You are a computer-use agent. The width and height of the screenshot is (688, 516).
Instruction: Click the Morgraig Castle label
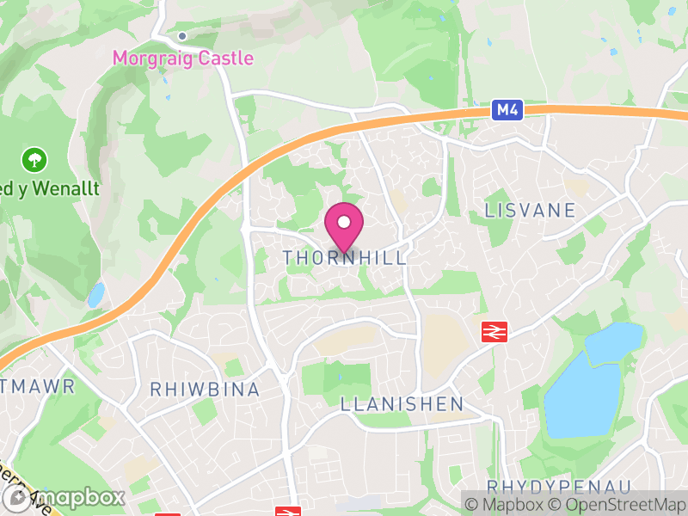click(183, 58)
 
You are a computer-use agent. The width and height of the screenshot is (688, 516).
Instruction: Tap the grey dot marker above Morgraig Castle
click(182, 36)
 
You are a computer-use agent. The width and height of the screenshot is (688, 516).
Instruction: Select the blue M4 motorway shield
click(507, 110)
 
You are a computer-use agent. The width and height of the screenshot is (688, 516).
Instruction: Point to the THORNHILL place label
click(344, 258)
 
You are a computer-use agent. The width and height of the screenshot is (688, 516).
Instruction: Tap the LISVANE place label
click(529, 210)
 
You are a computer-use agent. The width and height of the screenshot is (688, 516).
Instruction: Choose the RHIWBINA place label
click(205, 390)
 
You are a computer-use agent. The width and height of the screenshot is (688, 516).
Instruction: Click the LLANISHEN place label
click(402, 404)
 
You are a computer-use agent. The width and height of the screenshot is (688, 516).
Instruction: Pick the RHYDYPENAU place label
click(559, 487)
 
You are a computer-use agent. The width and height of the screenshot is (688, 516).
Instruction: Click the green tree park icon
click(35, 159)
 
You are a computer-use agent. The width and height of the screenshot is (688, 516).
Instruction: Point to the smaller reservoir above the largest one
click(613, 342)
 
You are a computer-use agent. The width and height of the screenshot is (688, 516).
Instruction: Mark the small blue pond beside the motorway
click(95, 295)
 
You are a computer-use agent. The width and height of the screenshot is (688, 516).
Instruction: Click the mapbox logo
click(64, 497)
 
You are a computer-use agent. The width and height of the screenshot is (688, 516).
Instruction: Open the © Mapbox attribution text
click(508, 505)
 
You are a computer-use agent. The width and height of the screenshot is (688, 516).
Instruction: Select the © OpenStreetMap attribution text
click(617, 505)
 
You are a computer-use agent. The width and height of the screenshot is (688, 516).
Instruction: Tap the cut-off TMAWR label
click(38, 385)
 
